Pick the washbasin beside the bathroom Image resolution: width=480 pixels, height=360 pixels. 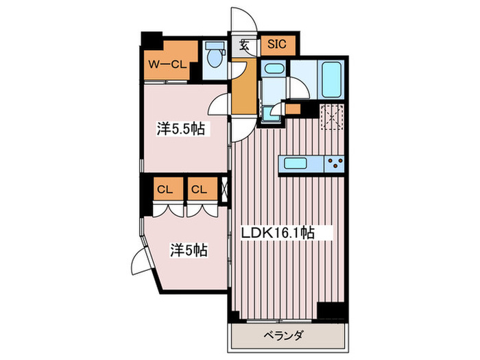coord(274,69)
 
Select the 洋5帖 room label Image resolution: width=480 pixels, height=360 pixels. coord(189,250)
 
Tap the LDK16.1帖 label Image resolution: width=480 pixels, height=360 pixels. coord(277,233)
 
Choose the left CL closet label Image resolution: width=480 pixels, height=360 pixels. coord(164,189)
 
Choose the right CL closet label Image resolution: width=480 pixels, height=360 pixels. coord(200,189)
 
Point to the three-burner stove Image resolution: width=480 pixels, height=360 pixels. coord(335,163)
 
